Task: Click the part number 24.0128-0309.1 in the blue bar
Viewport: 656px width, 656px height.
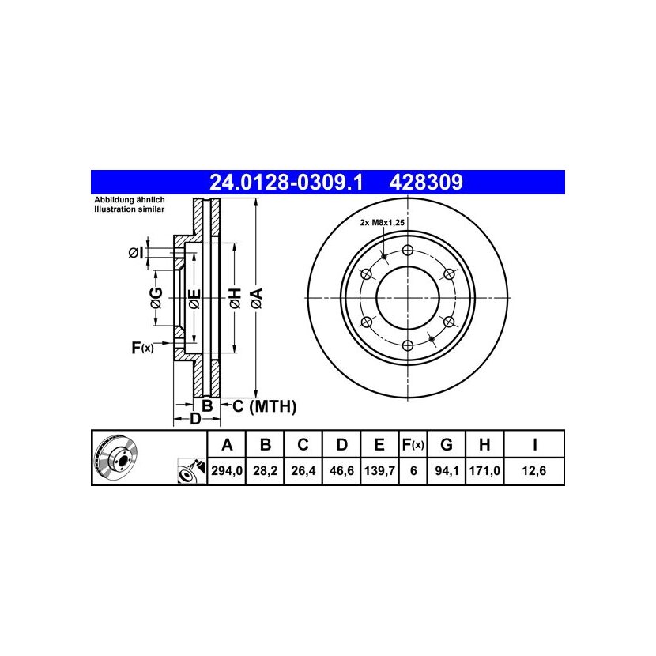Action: [286, 183]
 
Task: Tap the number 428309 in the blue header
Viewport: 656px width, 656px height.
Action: [426, 183]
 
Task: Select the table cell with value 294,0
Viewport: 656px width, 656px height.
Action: [227, 471]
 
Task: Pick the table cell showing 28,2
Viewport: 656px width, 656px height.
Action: [266, 471]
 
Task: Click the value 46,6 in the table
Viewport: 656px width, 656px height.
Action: [341, 471]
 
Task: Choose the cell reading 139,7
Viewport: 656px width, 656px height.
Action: [379, 471]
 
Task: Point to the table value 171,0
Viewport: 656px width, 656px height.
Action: [484, 471]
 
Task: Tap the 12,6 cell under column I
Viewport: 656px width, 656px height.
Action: [534, 471]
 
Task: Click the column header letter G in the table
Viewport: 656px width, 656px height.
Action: [447, 444]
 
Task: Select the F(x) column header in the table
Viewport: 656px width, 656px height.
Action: [413, 445]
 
